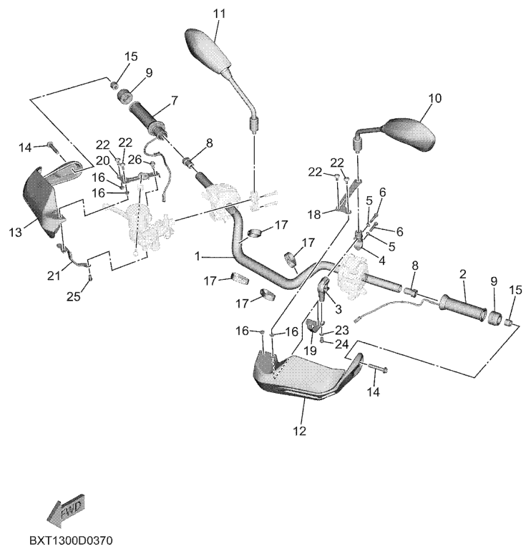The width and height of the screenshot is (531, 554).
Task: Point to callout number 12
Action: click(298, 431)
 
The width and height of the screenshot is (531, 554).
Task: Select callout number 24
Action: click(342, 344)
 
